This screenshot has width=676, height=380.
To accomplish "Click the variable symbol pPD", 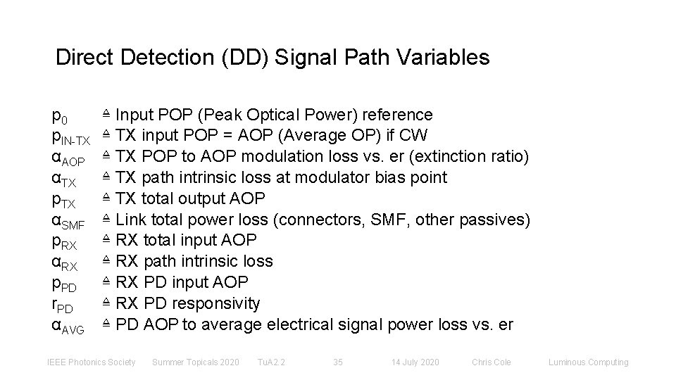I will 65,284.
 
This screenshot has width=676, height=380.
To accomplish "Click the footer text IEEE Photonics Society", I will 91,362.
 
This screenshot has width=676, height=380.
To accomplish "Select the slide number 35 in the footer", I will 338,362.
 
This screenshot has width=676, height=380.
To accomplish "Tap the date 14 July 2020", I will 415,362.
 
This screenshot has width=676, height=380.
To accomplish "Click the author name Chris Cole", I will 492,362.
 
